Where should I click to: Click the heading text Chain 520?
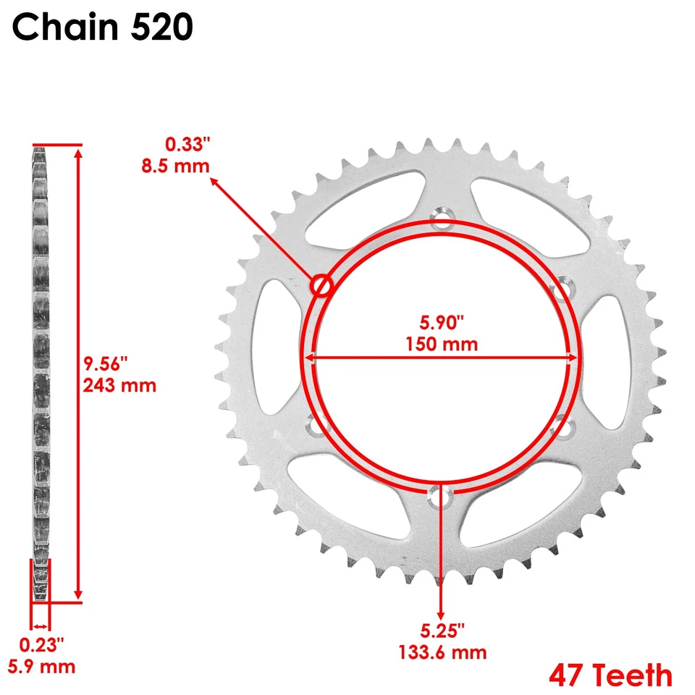(103, 28)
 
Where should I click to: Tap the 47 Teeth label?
(610, 675)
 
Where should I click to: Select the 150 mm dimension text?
(440, 343)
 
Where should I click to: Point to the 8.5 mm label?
(176, 165)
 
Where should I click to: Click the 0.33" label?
(186, 144)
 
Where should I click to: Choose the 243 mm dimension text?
(120, 384)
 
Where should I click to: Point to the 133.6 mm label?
(442, 652)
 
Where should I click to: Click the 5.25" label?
(442, 630)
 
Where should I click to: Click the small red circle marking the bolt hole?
(321, 286)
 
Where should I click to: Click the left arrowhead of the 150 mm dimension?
(308, 357)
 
